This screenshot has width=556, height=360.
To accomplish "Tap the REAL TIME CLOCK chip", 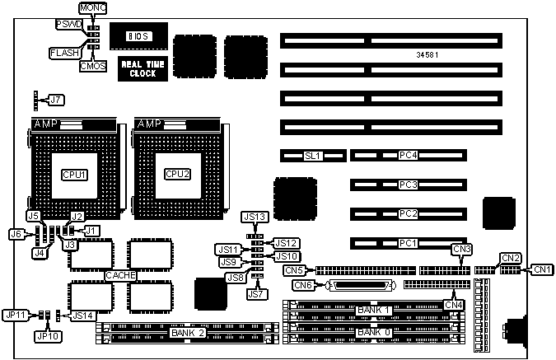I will [138, 68].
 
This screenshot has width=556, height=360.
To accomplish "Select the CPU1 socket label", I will [72, 174].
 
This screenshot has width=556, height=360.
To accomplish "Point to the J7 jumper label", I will [55, 100].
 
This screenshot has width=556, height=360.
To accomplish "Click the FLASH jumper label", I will [65, 52].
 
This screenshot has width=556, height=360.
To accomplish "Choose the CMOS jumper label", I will [91, 66].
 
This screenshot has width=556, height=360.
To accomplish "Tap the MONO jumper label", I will [91, 7].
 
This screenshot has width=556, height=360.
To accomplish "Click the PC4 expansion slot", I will [408, 155].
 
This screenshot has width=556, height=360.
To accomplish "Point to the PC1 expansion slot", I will [408, 243].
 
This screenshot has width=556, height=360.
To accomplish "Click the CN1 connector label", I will [542, 269].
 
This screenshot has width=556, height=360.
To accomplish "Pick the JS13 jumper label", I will [255, 217].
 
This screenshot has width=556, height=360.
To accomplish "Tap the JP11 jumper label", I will [16, 315].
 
